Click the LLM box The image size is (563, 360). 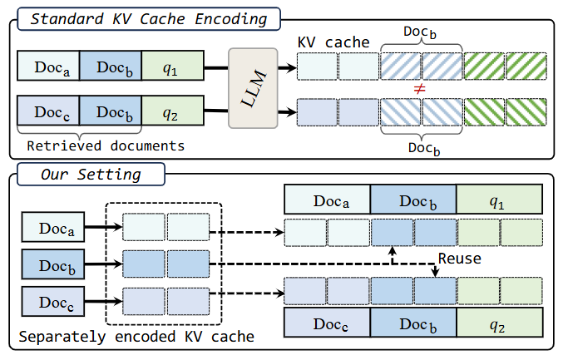pos(253,88)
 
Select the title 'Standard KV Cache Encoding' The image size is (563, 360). pos(149,18)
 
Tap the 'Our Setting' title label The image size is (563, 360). pos(91,175)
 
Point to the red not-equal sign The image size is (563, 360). pos(419,89)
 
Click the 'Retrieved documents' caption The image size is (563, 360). pos(106,145)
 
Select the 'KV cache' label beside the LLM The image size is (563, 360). pos(333,42)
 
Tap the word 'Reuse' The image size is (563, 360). pos(460,259)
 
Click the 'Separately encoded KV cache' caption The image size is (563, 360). pos(136,337)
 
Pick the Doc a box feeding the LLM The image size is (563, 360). pos(48,66)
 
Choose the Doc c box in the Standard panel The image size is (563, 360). pos(48,111)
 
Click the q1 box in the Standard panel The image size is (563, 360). pos(173,66)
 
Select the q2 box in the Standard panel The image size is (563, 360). pos(173,111)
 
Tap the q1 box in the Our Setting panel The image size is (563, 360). pos(500,200)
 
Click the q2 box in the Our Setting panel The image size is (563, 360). pos(500,322)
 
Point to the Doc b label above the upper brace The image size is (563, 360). pos(420,32)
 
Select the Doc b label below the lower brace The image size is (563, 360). pos(424,148)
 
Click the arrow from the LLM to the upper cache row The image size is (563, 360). pos(287,67)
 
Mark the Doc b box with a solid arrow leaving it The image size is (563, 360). pos(53,264)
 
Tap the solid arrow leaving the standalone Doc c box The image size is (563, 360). pos(104,301)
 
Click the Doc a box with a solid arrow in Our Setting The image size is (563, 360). pos(53,227)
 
